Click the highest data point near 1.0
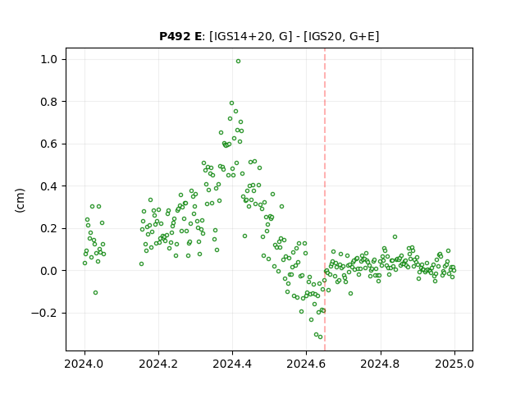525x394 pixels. tap(238, 62)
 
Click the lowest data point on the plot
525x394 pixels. tap(321, 337)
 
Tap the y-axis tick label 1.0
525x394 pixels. tap(49, 60)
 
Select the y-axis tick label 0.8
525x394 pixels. tap(49, 102)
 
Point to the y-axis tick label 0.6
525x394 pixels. tap(49, 144)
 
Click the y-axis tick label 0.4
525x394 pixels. tap(49, 186)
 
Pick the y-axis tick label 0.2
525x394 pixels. tap(49, 228)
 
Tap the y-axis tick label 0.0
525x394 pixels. tap(49, 271)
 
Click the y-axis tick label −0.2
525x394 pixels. tap(44, 314)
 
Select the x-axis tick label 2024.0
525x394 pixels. tap(84, 364)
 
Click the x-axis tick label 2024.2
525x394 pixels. tap(158, 364)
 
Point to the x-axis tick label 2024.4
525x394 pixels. tap(232, 364)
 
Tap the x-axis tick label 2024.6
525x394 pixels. tap(306, 364)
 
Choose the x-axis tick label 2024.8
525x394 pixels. tap(380, 364)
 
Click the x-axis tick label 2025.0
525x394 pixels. tap(454, 364)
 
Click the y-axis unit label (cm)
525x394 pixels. tap(20, 200)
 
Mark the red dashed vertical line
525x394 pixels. tap(325, 199)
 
